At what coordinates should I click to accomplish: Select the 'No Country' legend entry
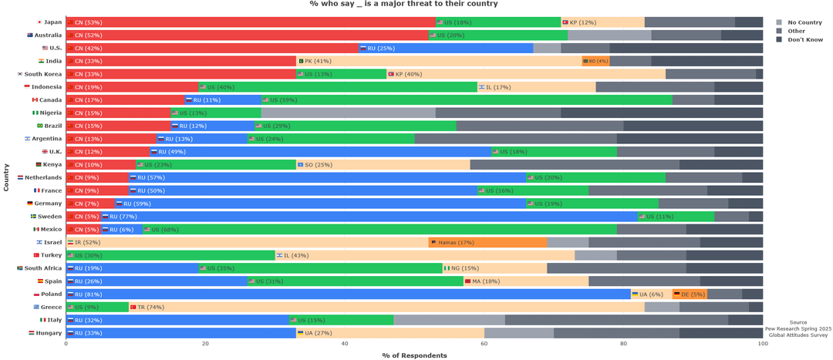[804, 22]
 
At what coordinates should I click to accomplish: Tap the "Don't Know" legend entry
[805, 39]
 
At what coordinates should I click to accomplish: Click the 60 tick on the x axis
[484, 344]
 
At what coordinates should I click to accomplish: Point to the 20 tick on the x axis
[205, 344]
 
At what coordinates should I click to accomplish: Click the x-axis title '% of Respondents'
[414, 355]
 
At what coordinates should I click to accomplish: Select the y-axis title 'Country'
[6, 177]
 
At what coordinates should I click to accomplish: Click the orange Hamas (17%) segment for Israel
[487, 242]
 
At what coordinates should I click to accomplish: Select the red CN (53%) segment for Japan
[251, 22]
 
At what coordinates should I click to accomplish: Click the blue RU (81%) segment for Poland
[348, 294]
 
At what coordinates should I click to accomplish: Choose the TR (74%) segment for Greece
[386, 307]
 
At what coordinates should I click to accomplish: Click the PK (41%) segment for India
[439, 61]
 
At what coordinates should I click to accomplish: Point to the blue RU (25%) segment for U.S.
[447, 48]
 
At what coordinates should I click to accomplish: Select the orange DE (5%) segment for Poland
[690, 294]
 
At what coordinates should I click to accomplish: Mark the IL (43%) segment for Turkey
[425, 255]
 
